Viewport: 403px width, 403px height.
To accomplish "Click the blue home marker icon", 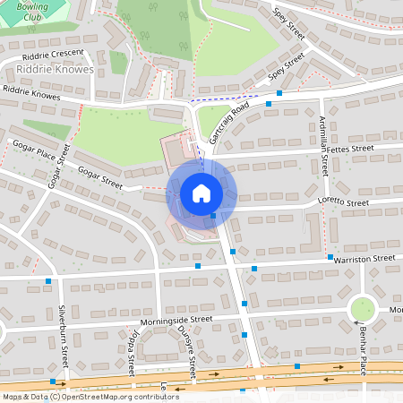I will (x=201, y=193).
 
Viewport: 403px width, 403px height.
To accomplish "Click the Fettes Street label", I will (x=349, y=149).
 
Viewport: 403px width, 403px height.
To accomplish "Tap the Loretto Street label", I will (x=344, y=203).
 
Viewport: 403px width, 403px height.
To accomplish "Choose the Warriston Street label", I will (x=365, y=258).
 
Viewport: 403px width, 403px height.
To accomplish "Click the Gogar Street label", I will (x=99, y=176).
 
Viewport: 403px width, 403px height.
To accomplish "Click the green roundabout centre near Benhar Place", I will (x=363, y=310).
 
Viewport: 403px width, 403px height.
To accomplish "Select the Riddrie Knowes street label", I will (x=31, y=92).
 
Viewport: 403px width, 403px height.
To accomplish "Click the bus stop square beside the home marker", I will (x=213, y=216).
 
